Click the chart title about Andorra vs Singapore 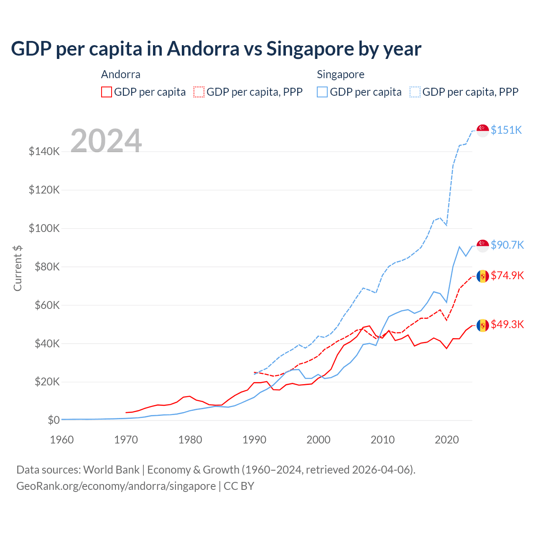pyautogui.click(x=216, y=49)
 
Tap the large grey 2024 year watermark pyautogui.click(x=106, y=141)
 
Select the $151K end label pyautogui.click(x=506, y=130)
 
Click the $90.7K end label pyautogui.click(x=507, y=245)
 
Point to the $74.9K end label pyautogui.click(x=507, y=275)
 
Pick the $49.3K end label pyautogui.click(x=507, y=324)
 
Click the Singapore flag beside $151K pyautogui.click(x=483, y=130)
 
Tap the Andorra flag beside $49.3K pyautogui.click(x=483, y=325)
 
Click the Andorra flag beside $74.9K pyautogui.click(x=483, y=276)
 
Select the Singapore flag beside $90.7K pyautogui.click(x=483, y=246)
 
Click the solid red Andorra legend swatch pyautogui.click(x=107, y=92)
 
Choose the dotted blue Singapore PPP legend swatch pyautogui.click(x=415, y=92)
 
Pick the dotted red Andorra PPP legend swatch pyautogui.click(x=199, y=92)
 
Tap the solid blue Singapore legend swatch pyautogui.click(x=322, y=92)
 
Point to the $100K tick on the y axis pyautogui.click(x=44, y=228)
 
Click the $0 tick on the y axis pyautogui.click(x=53, y=420)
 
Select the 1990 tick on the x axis pyautogui.click(x=254, y=440)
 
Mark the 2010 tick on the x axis pyautogui.click(x=382, y=440)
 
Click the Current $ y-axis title pyautogui.click(x=18, y=268)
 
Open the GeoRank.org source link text pyautogui.click(x=116, y=486)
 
